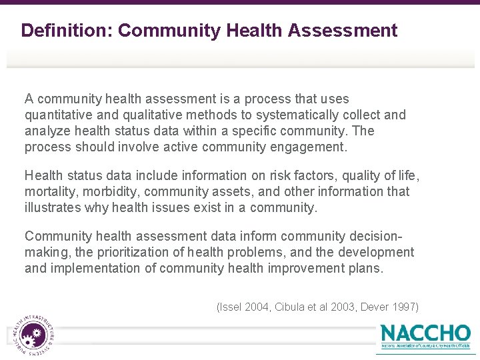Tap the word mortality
point(50,191)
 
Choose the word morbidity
point(111,191)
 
